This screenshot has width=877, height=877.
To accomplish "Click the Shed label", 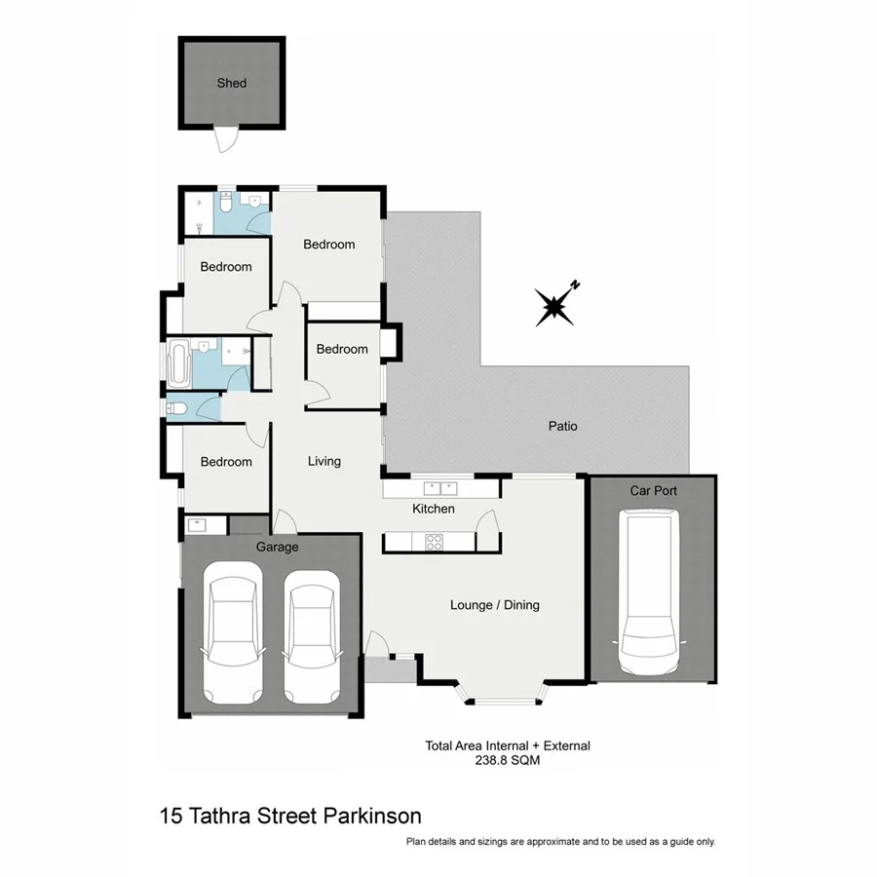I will [232, 83].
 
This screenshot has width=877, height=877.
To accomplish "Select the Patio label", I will [562, 426].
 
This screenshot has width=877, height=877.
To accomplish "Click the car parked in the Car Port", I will [651, 595].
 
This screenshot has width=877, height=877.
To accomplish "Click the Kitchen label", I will [434, 509].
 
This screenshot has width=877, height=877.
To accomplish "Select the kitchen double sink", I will [441, 487].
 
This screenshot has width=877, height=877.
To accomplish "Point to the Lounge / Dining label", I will [494, 605].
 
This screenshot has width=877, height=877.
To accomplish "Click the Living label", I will [324, 461].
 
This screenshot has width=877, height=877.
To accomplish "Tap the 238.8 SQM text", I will [508, 761].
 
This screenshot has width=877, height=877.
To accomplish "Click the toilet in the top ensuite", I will [225, 204].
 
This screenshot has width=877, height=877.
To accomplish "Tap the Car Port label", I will [653, 491].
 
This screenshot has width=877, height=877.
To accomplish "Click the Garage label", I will [278, 547].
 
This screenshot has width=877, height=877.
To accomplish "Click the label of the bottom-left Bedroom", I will [226, 462].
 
